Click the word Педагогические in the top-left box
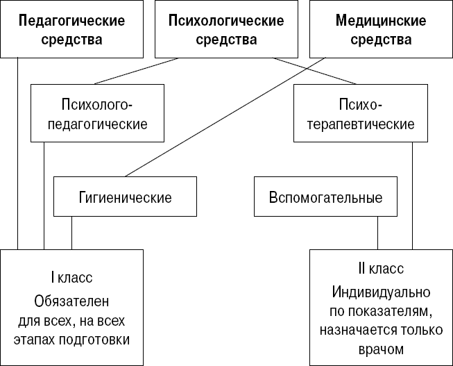[72, 21]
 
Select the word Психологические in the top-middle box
[226, 21]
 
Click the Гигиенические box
[125, 197]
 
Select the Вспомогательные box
[325, 197]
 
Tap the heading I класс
[72, 278]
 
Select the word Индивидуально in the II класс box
[381, 291]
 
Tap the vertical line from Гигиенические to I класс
[71, 233]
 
